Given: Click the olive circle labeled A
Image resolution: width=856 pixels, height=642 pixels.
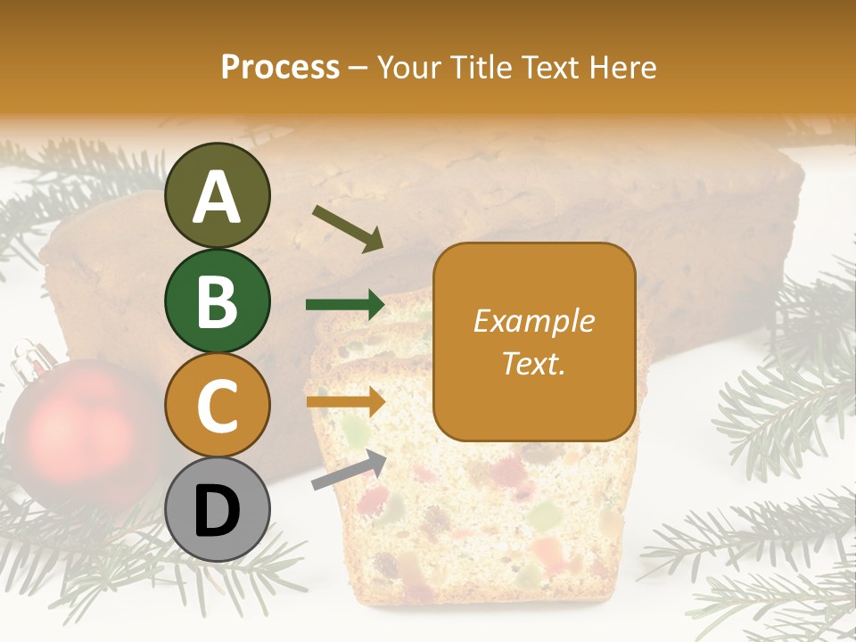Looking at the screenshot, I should coord(217,195).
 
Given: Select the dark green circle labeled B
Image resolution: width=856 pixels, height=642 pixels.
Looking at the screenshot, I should coord(217,300).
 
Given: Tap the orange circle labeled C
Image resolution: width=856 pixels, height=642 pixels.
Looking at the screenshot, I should coord(217,405).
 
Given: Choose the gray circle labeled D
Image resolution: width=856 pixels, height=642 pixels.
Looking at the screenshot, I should coord(217,509).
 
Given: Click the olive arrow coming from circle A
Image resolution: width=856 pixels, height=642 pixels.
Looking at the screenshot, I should coord(347,227).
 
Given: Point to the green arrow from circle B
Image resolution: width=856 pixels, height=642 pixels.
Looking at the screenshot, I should coord(345,305).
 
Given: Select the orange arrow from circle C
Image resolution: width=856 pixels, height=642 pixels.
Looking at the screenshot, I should coord(345,401).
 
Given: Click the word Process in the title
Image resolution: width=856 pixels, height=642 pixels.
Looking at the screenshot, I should coord(280,67).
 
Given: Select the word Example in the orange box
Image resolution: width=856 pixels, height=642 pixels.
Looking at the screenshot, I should coord(533,321).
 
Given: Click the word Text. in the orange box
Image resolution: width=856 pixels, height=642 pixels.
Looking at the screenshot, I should coord(533,363).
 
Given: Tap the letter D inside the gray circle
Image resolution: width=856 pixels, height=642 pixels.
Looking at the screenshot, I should coord(217,512).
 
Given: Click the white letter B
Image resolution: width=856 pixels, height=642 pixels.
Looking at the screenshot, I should coord(217,301).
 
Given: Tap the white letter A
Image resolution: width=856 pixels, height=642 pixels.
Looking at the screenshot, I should coord(217,196).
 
